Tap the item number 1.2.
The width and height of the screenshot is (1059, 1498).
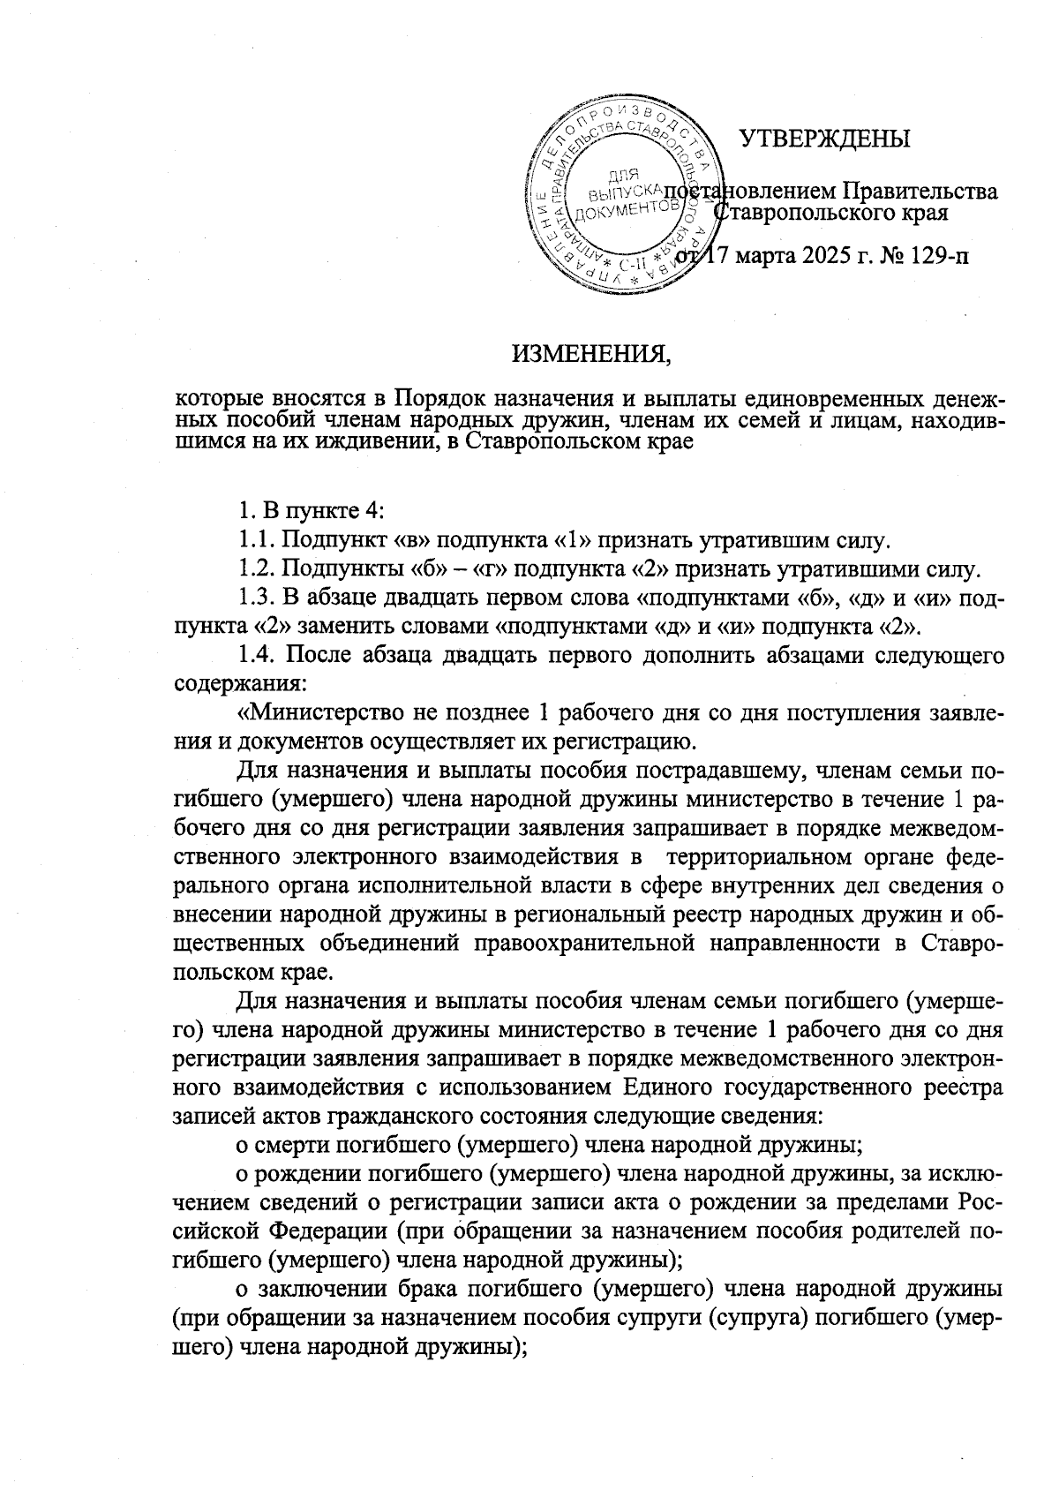point(257,569)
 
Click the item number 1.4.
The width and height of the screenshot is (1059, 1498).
point(257,655)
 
